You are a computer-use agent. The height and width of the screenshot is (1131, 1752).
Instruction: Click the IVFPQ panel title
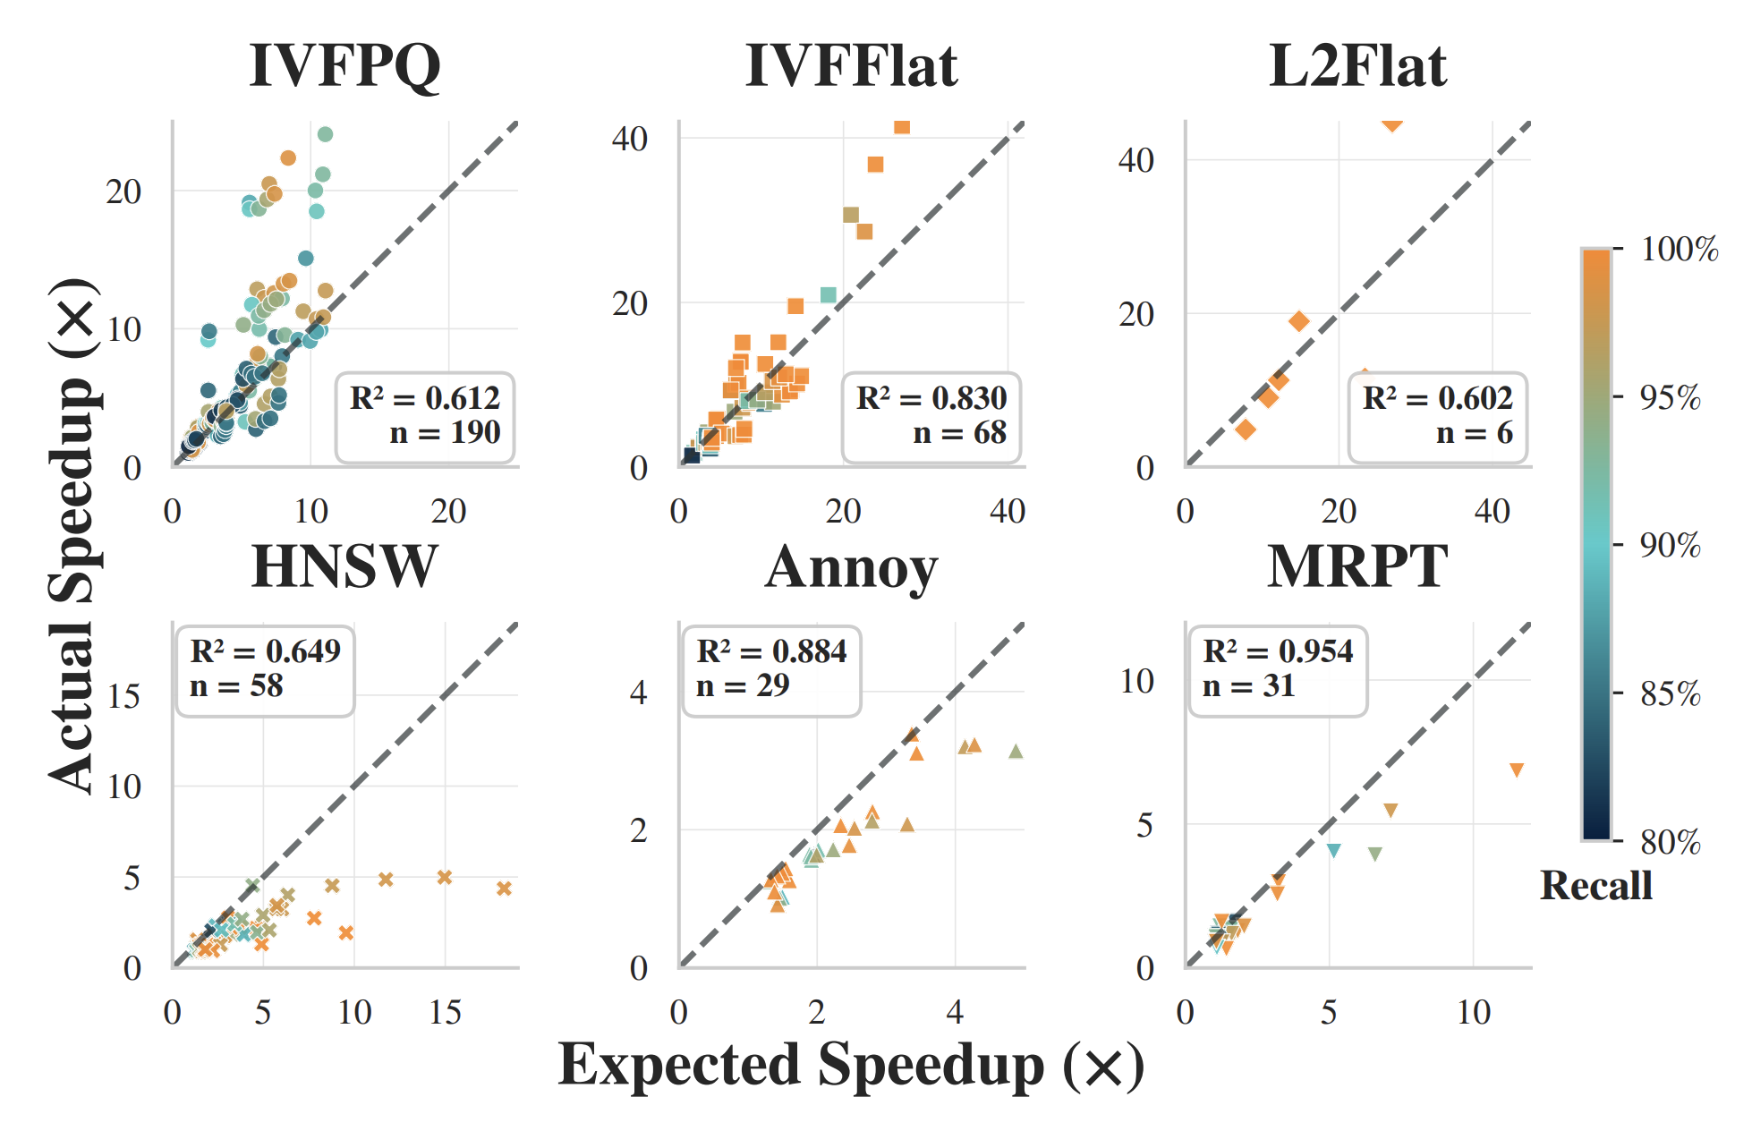tap(344, 66)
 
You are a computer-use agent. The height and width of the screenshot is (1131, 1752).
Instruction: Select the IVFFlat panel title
tap(851, 66)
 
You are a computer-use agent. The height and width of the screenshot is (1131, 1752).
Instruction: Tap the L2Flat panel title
tap(1357, 66)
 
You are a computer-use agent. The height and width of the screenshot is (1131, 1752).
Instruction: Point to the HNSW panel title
tap(344, 567)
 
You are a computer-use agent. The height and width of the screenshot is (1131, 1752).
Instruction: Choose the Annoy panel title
tap(851, 567)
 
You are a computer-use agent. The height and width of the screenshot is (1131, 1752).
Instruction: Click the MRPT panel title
tap(1357, 567)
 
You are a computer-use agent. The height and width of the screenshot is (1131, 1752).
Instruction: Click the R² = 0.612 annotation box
tap(425, 416)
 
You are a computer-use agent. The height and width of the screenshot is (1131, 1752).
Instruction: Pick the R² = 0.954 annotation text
tap(1278, 651)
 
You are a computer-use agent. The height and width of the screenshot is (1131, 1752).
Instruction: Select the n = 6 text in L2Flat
tap(1474, 434)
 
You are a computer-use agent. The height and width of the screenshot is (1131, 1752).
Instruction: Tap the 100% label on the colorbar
tap(1679, 250)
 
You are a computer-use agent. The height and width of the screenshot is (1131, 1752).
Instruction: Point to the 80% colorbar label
tap(1670, 842)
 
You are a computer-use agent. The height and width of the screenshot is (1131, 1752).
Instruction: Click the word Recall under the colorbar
tap(1596, 886)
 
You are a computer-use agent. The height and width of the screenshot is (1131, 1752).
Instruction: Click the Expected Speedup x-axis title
tap(851, 1066)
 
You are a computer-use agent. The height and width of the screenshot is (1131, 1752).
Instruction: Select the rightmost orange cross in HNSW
tap(504, 889)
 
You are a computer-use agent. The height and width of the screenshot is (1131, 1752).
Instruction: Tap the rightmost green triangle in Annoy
tap(1016, 752)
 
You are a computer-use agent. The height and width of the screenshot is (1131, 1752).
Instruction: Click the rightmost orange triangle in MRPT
tap(1517, 770)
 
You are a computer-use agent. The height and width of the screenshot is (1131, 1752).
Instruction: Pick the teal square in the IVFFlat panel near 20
tap(829, 295)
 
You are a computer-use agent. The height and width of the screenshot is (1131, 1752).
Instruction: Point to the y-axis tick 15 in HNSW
tap(124, 696)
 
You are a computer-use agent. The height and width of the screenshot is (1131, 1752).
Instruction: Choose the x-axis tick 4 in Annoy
tap(955, 1012)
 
